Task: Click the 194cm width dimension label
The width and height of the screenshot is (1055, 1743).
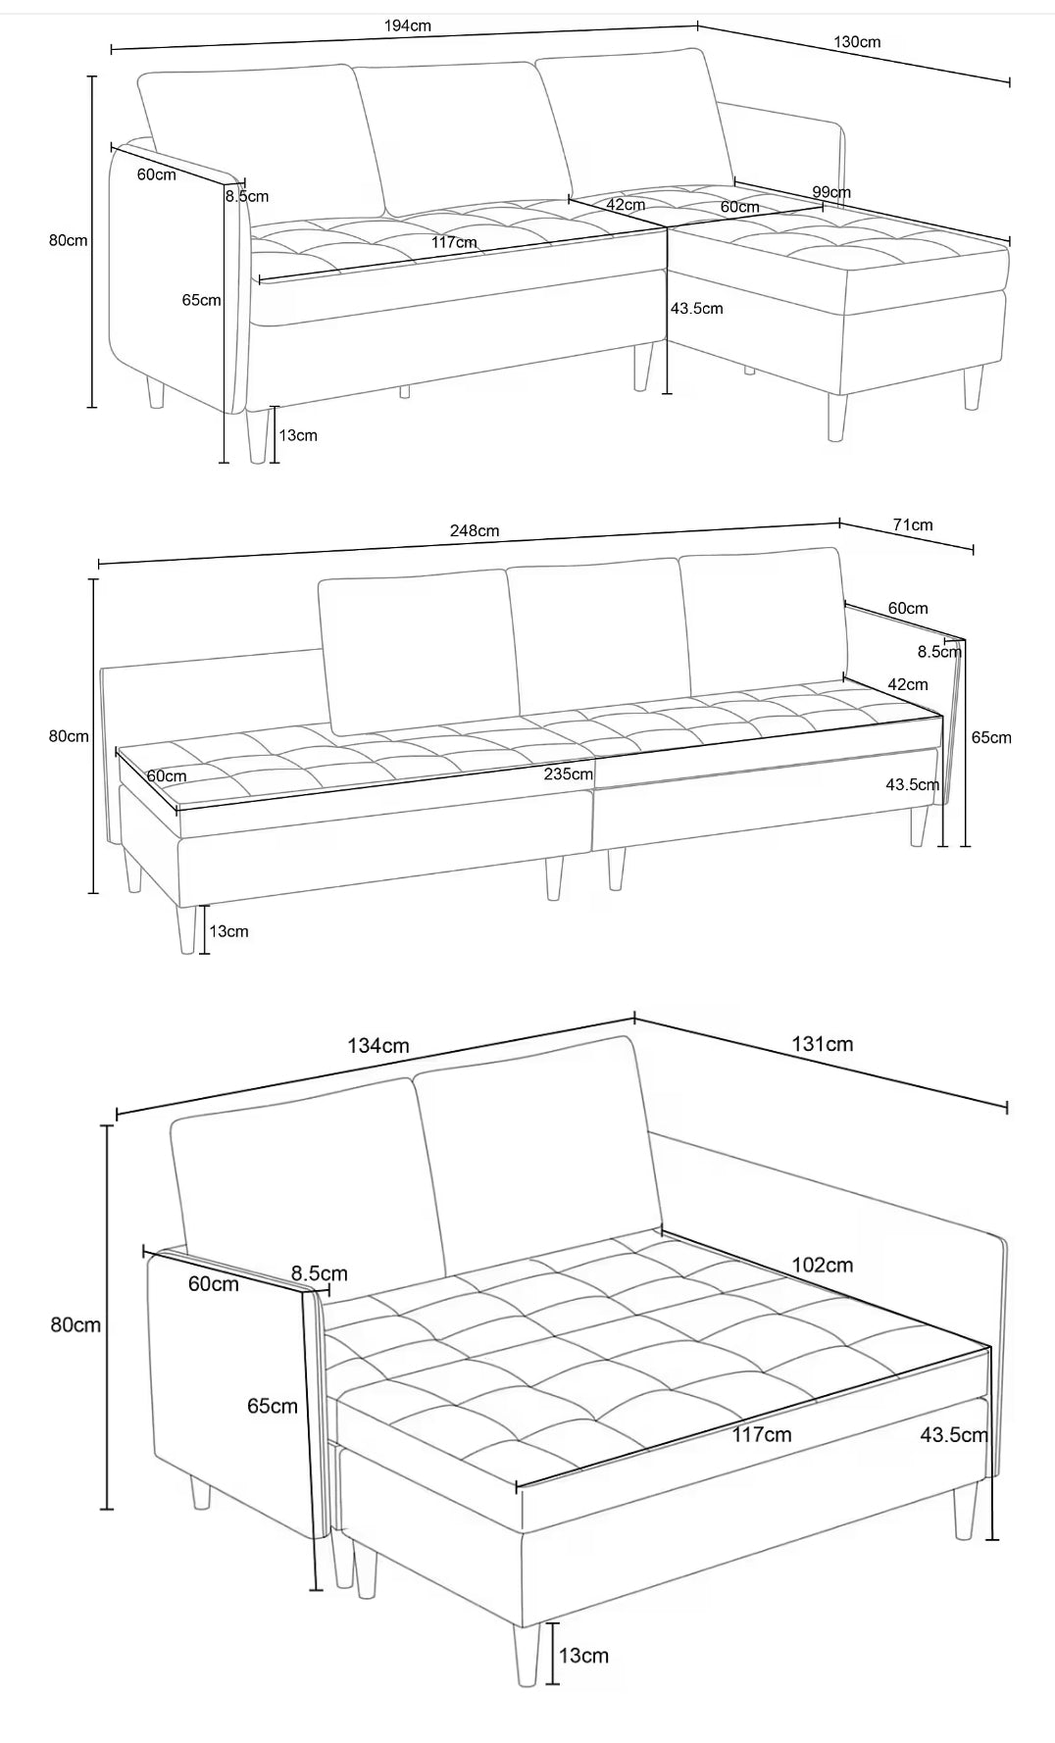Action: pos(407,25)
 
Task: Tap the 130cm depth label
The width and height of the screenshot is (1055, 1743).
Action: pos(857,41)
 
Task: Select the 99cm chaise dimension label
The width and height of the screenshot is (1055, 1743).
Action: pos(830,192)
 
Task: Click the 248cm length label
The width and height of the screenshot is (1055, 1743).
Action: pos(475,530)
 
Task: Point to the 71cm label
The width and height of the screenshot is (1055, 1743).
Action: pos(913,524)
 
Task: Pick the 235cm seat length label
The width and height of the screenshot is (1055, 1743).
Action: pos(569,773)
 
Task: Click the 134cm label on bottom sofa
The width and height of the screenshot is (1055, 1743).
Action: pos(377,1046)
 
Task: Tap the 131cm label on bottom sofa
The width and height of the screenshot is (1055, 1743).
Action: pos(822,1044)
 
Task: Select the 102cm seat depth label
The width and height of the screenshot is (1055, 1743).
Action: pos(822,1265)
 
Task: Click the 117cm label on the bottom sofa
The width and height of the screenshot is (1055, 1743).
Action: pos(762,1435)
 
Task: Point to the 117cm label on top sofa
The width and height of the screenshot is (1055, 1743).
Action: pos(454,242)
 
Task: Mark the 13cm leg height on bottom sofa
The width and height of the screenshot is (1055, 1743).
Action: pos(583,1656)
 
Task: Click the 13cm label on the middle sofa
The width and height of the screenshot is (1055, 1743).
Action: pos(228,931)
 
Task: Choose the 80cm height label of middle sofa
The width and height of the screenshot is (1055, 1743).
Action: pos(69,736)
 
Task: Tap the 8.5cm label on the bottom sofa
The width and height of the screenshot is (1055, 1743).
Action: pos(319,1273)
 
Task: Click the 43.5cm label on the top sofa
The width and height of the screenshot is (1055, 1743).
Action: pos(696,309)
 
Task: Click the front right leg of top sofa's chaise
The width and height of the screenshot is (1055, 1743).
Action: pos(836,417)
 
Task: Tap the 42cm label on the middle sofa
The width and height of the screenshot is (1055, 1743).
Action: pos(907,684)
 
